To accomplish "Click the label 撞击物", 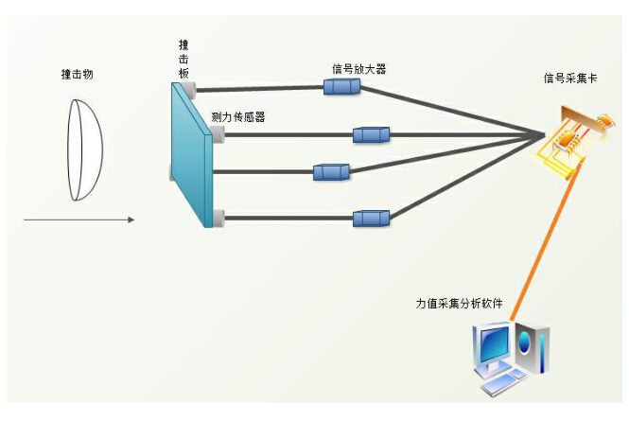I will [x=78, y=73].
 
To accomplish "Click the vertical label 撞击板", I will [x=183, y=60].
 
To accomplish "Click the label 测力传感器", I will [x=237, y=117].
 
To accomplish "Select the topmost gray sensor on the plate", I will [x=190, y=90].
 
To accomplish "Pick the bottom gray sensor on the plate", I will [x=219, y=219].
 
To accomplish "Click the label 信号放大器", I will [x=358, y=69].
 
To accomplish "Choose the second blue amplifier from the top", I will [x=371, y=135].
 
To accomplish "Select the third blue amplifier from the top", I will [x=331, y=172].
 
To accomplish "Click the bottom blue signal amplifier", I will [x=371, y=219].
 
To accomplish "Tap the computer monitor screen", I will [x=494, y=347].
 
